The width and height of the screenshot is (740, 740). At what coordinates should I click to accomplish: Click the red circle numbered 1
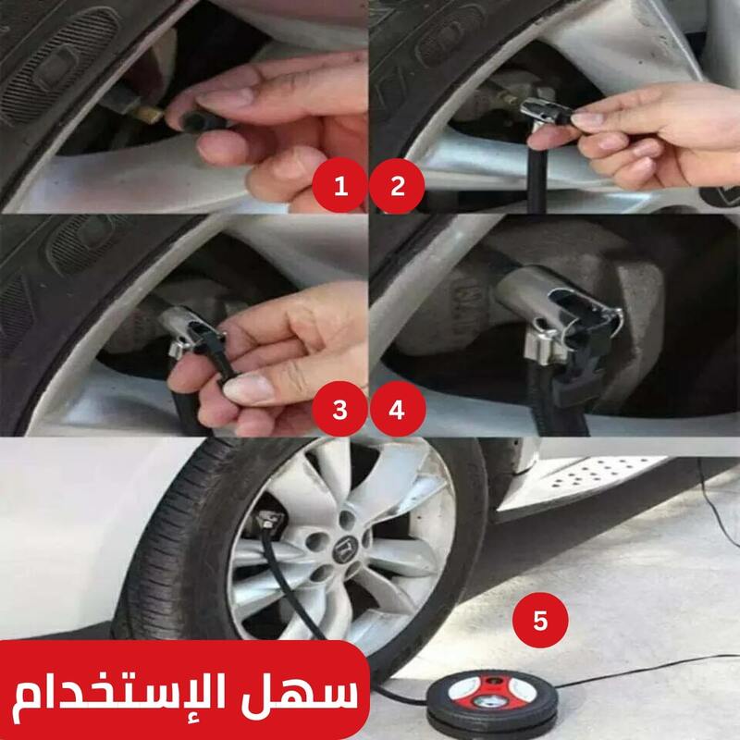pyautogui.click(x=339, y=186)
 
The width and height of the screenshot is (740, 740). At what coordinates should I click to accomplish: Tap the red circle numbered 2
pyautogui.click(x=397, y=186)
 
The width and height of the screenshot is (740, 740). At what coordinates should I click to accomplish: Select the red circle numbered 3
pyautogui.click(x=339, y=409)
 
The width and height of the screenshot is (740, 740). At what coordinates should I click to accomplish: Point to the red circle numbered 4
pyautogui.click(x=398, y=409)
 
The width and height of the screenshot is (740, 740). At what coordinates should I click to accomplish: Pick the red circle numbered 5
pyautogui.click(x=540, y=620)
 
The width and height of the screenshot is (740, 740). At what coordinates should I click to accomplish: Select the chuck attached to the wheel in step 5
pyautogui.click(x=269, y=520)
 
